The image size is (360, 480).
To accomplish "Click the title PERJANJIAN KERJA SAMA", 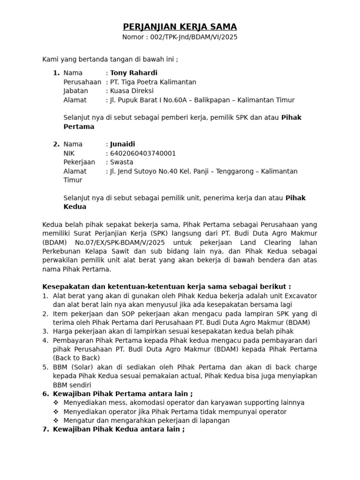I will (x=180, y=27).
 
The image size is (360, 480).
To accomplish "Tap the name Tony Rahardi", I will (x=134, y=73).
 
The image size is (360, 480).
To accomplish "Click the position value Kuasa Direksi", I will (x=131, y=91).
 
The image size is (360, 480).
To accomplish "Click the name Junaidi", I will (x=122, y=144).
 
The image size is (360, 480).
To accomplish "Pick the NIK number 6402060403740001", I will (x=143, y=153).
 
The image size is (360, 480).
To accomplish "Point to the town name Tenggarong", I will (x=234, y=171).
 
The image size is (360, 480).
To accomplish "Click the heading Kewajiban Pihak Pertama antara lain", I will (x=123, y=394).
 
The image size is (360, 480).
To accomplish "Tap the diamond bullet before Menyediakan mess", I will (x=56, y=403).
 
